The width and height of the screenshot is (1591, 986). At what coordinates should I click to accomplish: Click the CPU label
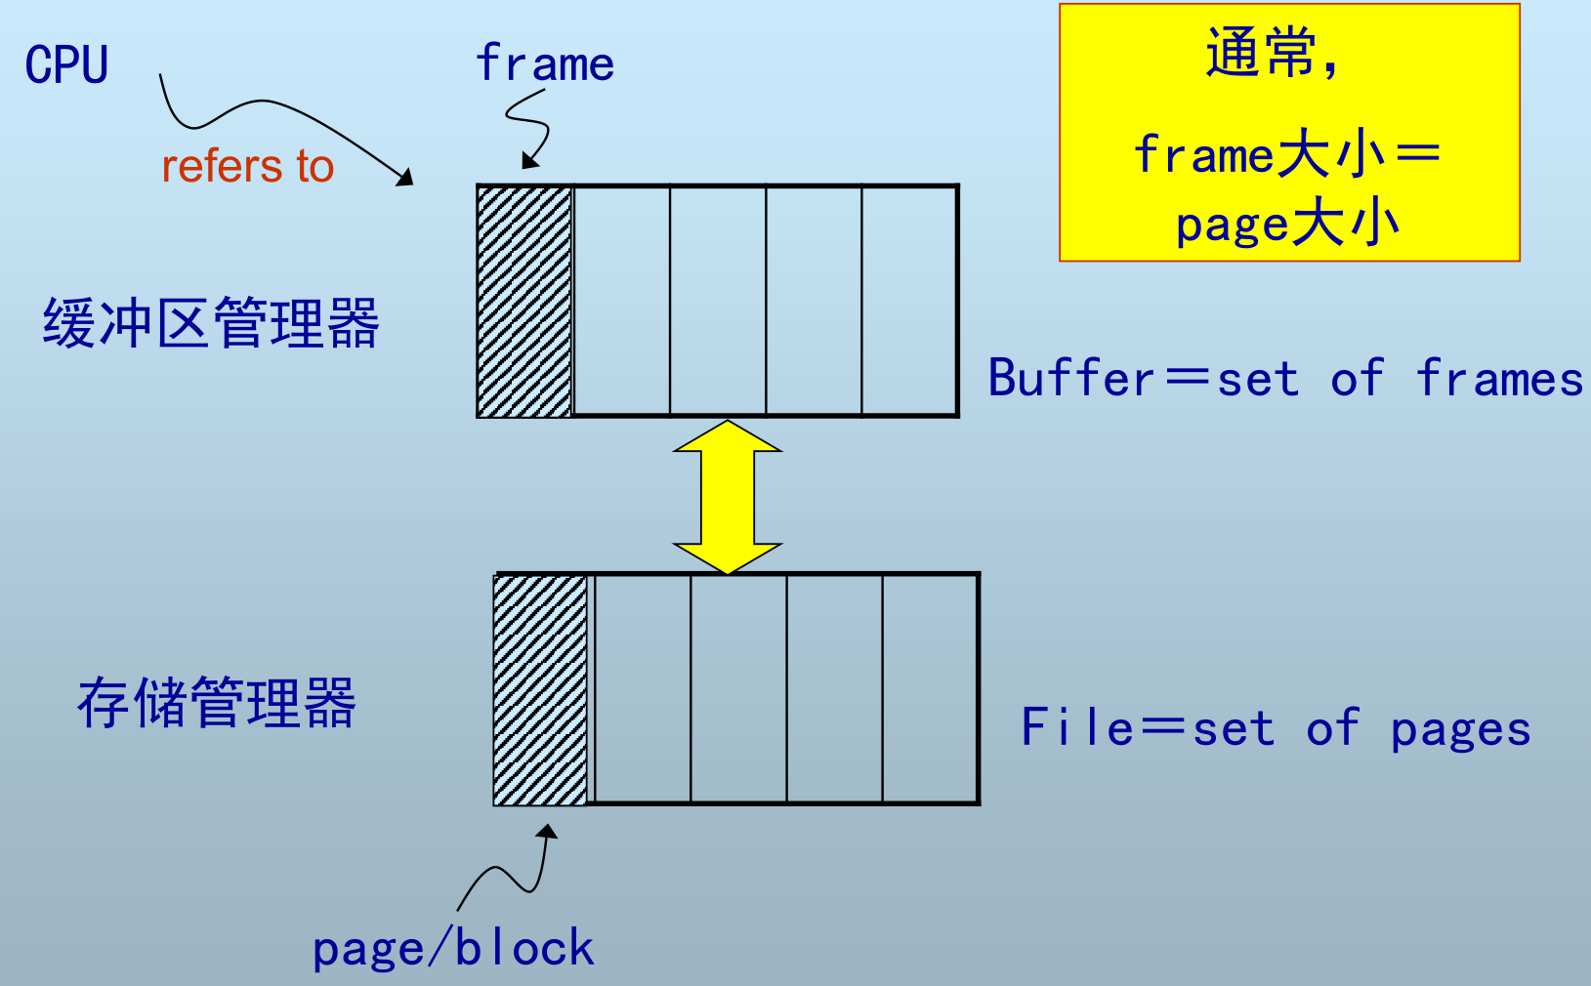(66, 65)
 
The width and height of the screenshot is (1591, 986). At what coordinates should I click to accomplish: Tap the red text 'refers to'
(248, 166)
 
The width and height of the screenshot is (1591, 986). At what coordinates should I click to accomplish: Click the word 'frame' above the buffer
(545, 64)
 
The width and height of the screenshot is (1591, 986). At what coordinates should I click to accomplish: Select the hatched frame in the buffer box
(524, 301)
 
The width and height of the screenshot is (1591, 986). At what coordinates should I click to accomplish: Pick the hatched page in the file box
(541, 689)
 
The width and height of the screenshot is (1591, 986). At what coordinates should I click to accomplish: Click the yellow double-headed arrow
(728, 497)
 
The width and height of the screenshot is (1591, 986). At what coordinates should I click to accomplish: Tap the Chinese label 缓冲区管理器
(211, 323)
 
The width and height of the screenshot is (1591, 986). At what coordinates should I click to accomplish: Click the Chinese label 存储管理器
(217, 702)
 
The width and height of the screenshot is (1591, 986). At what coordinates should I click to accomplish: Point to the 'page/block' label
(453, 949)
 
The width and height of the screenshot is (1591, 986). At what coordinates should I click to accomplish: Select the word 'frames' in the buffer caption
(1499, 379)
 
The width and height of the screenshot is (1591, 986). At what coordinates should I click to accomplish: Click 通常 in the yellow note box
(1260, 53)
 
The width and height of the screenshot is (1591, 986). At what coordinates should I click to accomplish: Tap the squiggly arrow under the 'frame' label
(532, 127)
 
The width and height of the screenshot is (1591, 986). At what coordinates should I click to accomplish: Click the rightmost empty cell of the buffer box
(909, 301)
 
